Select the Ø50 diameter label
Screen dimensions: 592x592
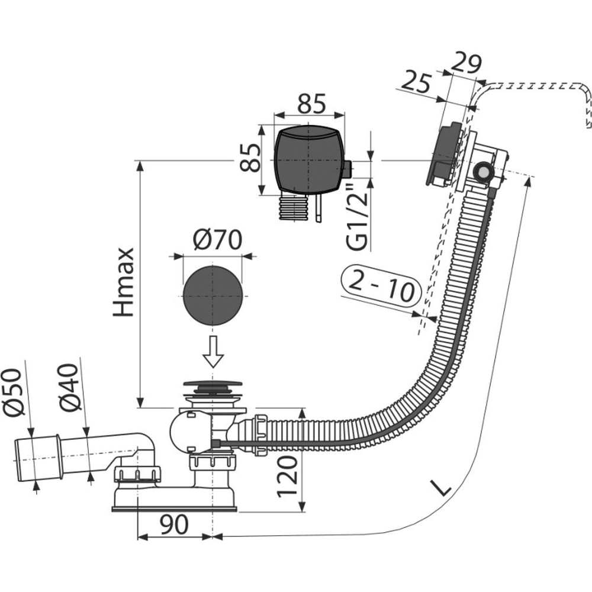click(15, 392)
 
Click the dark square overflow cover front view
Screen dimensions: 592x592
click(308, 159)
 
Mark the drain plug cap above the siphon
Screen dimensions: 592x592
click(212, 386)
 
